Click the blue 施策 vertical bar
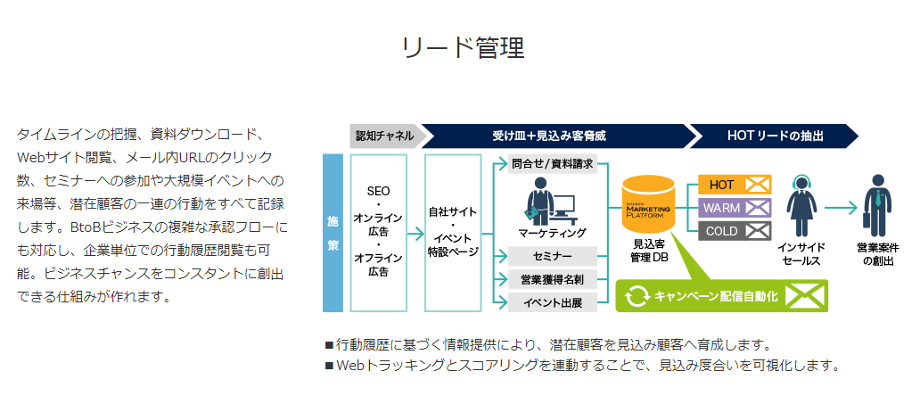tap(333, 233)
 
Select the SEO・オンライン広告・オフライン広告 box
tap(378, 232)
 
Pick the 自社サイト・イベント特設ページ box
tap(453, 232)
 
